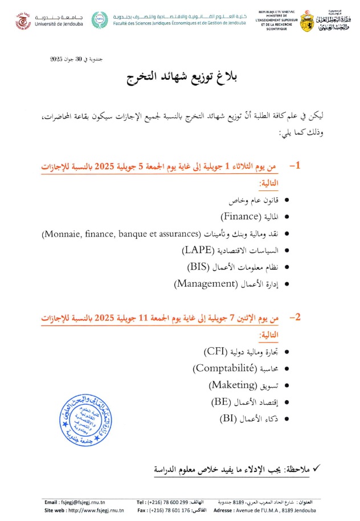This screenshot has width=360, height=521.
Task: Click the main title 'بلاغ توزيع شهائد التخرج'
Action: [179, 79]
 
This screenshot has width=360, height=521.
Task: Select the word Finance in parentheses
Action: [241, 217]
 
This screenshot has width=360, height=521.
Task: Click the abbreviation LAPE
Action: [198, 250]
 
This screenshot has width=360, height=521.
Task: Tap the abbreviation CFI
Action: [216, 353]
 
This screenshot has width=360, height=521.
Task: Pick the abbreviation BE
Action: [220, 402]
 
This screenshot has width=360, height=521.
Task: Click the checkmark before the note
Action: [317, 468]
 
